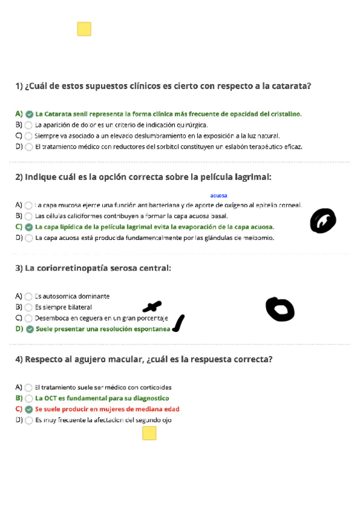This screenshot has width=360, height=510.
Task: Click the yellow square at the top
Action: pos(84,29)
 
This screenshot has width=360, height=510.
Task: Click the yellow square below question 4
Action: pos(149,433)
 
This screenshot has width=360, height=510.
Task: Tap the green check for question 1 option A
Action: pos(29,114)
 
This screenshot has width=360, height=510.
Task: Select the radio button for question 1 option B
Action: pos(29,125)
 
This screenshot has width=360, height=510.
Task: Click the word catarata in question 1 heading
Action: pos(291,86)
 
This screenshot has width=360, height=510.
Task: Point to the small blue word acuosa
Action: pos(219,195)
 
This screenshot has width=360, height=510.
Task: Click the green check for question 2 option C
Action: pos(29,227)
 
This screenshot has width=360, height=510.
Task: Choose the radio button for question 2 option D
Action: pos(29,238)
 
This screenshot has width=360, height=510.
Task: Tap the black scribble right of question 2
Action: pos(323,221)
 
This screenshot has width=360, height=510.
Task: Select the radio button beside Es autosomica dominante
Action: pos(29,296)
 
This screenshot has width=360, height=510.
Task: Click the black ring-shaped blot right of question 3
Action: pos(280,309)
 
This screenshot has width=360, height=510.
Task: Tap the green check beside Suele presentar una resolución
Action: pos(29,329)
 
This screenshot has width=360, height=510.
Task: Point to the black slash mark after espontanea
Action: pos(178,323)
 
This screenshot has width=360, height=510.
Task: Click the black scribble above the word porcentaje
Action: pos(151,307)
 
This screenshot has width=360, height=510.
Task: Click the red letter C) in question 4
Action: pos(19,409)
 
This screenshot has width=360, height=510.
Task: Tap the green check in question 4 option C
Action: pos(29,409)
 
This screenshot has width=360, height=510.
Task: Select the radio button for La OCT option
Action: pos(29,398)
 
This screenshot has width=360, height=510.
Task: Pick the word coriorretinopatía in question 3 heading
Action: pos(67,268)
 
